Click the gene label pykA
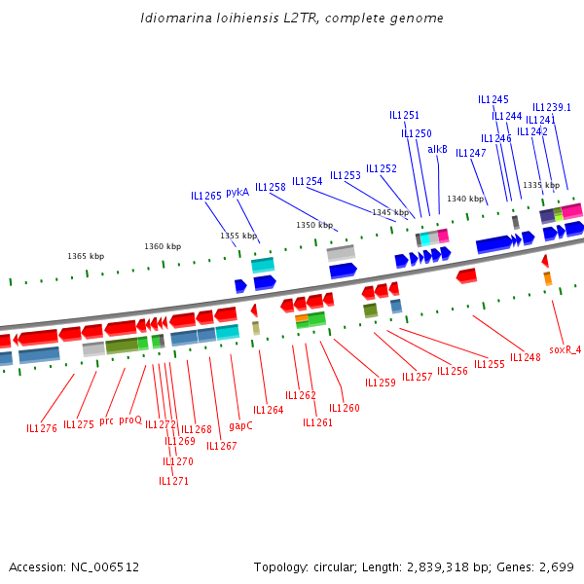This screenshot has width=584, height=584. click(x=237, y=192)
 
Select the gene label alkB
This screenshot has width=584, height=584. click(x=437, y=149)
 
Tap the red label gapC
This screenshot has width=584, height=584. click(x=240, y=425)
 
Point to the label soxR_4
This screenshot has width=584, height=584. click(x=565, y=349)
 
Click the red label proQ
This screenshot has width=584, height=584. click(x=130, y=420)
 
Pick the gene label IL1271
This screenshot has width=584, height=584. click(x=173, y=481)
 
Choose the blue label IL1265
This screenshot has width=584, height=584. click(x=206, y=196)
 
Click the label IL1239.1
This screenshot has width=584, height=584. click(x=552, y=108)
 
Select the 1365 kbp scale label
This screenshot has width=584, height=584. click(x=86, y=256)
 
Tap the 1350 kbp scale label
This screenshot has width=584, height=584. click(x=314, y=225)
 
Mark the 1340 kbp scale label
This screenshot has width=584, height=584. click(x=465, y=199)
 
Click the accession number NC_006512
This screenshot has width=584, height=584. click(x=105, y=567)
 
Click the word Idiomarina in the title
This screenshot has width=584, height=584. click(x=176, y=18)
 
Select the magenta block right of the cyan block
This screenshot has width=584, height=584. click(x=443, y=236)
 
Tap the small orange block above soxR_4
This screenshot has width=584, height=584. click(x=547, y=278)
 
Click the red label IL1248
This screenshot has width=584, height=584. click(x=526, y=357)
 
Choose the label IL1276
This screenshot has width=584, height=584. click(x=42, y=428)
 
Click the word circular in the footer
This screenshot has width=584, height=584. click(x=334, y=567)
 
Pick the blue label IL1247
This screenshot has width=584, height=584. click(x=471, y=153)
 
